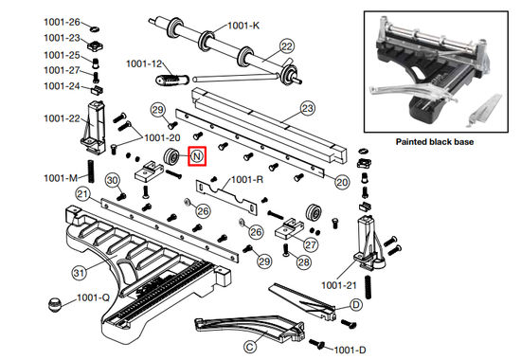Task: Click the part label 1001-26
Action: point(63,23)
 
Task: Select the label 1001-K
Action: point(243,26)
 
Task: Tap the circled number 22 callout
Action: point(287,46)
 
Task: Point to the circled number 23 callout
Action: point(307,108)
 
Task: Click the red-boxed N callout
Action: point(197,156)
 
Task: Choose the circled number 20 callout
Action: point(342,182)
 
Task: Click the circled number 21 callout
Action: point(83,194)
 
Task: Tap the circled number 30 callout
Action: point(113,181)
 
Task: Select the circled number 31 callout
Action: point(79,273)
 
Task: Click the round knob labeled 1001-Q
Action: point(55,304)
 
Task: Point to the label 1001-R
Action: point(247,180)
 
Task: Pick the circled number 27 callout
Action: point(311,245)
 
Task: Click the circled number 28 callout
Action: point(304,262)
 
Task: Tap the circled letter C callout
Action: point(250,347)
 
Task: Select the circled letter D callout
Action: point(356,304)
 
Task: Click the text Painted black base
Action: point(435,142)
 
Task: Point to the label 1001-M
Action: point(61,178)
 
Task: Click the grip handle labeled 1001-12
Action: point(172,81)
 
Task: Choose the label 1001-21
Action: point(339,285)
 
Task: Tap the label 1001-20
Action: point(163,137)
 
